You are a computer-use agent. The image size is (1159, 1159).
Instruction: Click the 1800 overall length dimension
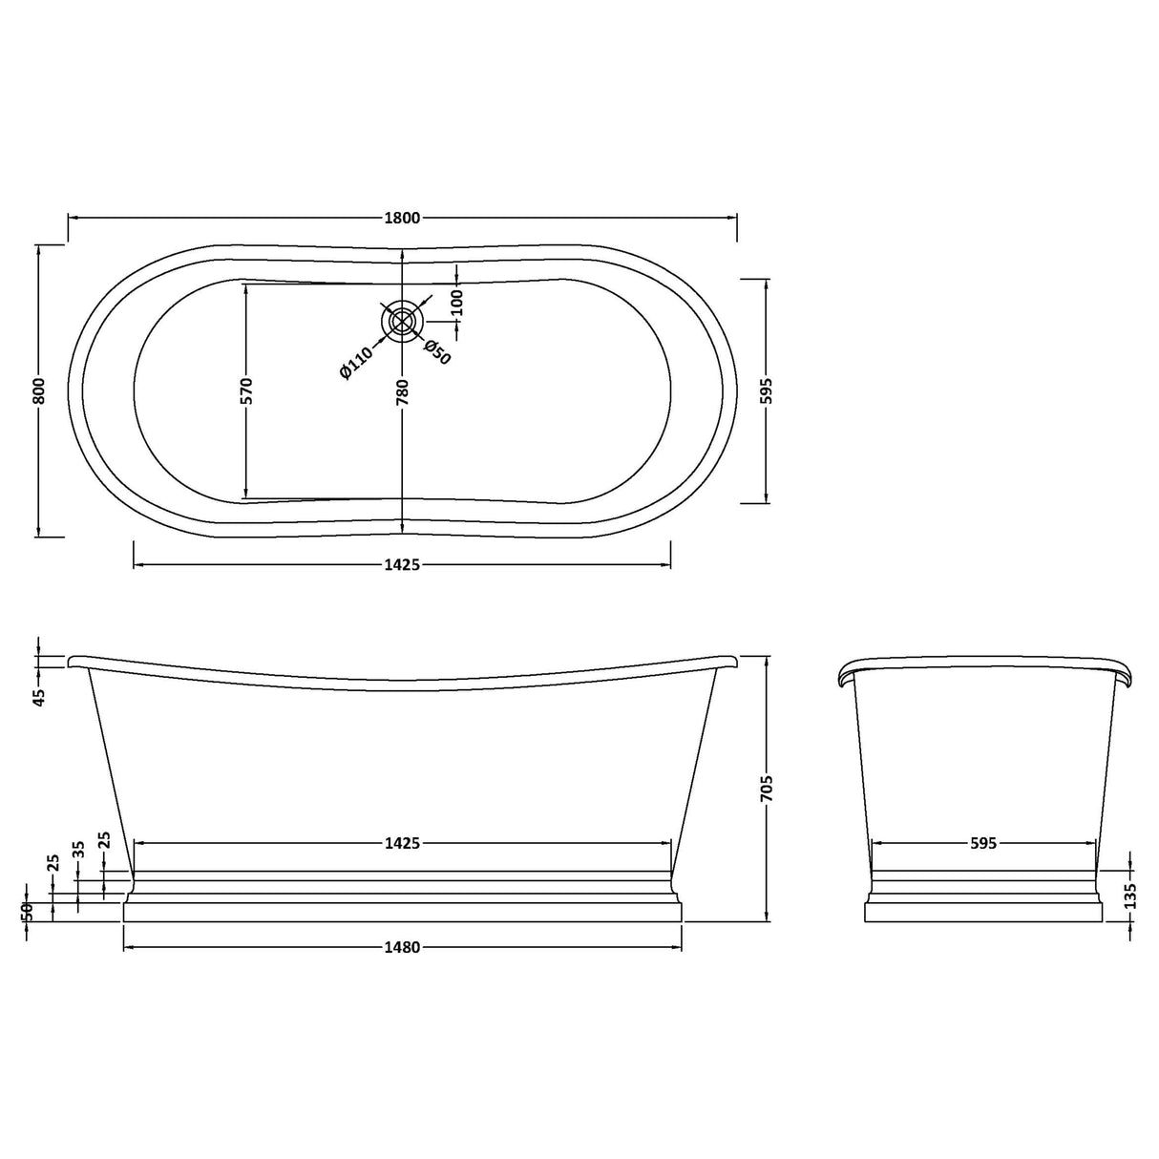coord(402,218)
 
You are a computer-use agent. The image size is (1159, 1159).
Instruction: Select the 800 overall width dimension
coord(39,390)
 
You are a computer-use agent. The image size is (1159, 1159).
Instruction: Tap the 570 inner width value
coord(246,390)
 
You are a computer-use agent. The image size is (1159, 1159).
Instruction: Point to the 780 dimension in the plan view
coord(403,391)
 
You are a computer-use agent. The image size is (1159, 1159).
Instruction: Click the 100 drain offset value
coord(457,303)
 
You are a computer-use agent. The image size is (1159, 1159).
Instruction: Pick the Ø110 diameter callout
coord(356,364)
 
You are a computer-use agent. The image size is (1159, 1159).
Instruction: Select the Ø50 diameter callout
coord(436,352)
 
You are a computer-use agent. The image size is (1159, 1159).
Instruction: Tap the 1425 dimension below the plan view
coord(402,565)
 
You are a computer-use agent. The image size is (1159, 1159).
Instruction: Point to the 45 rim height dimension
coord(39,698)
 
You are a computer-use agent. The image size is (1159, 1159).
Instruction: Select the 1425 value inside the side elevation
coord(402,843)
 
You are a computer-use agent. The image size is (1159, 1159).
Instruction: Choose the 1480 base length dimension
coord(402,947)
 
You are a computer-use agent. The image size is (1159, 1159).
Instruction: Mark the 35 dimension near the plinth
coord(79,849)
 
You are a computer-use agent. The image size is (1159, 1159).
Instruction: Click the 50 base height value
coord(28,912)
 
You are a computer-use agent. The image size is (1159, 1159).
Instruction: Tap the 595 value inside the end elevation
coord(983,843)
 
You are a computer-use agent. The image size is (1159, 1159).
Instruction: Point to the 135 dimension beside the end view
coord(1130,896)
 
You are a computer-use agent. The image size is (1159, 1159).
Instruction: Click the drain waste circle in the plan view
coord(402,322)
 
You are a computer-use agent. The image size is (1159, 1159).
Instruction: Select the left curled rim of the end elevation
coord(846,674)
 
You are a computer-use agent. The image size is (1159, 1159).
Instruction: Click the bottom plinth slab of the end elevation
coord(983,913)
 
